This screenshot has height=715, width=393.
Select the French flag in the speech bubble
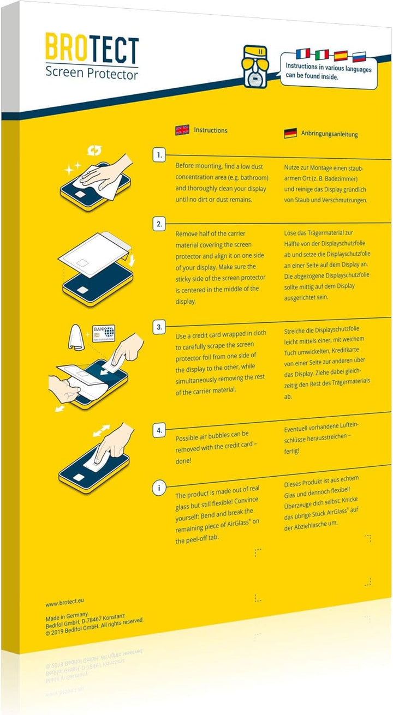[302, 54]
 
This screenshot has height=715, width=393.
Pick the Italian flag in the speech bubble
[321, 55]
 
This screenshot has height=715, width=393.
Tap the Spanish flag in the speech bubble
[341, 56]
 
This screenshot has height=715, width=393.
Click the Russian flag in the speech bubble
[360, 57]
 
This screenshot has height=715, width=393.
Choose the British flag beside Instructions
[182, 130]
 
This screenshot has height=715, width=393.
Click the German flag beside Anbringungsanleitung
[290, 133]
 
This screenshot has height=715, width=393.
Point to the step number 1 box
[159, 155]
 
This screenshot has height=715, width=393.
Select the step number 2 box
[159, 224]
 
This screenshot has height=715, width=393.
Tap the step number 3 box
[159, 327]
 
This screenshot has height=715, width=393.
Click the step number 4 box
[159, 431]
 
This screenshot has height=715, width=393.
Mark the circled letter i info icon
[159, 488]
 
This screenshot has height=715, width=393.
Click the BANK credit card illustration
[104, 334]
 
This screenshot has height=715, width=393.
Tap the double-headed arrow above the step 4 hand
[102, 430]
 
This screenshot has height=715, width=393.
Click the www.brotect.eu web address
[64, 602]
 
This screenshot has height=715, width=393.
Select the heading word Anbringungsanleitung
[330, 134]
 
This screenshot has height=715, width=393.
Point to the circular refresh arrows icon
[95, 149]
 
